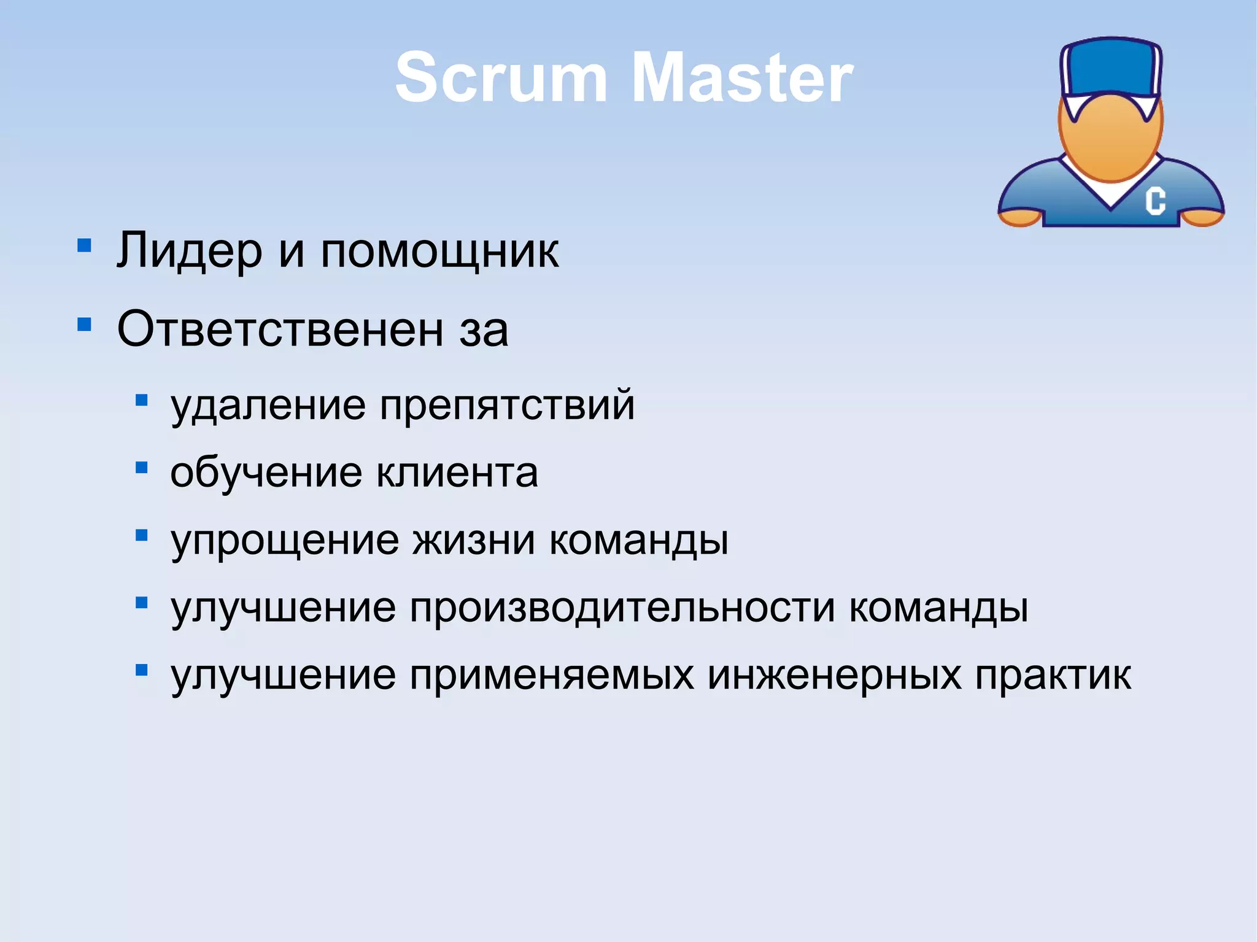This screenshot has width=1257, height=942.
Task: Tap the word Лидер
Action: [189, 250]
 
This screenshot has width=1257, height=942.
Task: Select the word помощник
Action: [439, 252]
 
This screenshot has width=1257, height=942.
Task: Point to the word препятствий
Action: [507, 405]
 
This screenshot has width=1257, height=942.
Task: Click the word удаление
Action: [268, 405]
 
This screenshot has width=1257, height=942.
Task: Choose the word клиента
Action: [457, 473]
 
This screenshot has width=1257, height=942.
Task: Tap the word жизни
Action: [473, 540]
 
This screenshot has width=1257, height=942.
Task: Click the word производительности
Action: [622, 608]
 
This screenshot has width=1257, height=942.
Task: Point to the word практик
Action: [1053, 675]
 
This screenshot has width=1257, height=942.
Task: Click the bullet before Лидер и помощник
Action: [85, 246]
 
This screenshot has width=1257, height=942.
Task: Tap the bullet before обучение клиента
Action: [142, 468]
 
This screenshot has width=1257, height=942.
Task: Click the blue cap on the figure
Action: [1110, 68]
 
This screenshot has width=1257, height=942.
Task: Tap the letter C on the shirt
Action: [1155, 201]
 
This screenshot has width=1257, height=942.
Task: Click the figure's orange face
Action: [1110, 141]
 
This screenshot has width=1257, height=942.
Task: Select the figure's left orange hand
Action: [1019, 217]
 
